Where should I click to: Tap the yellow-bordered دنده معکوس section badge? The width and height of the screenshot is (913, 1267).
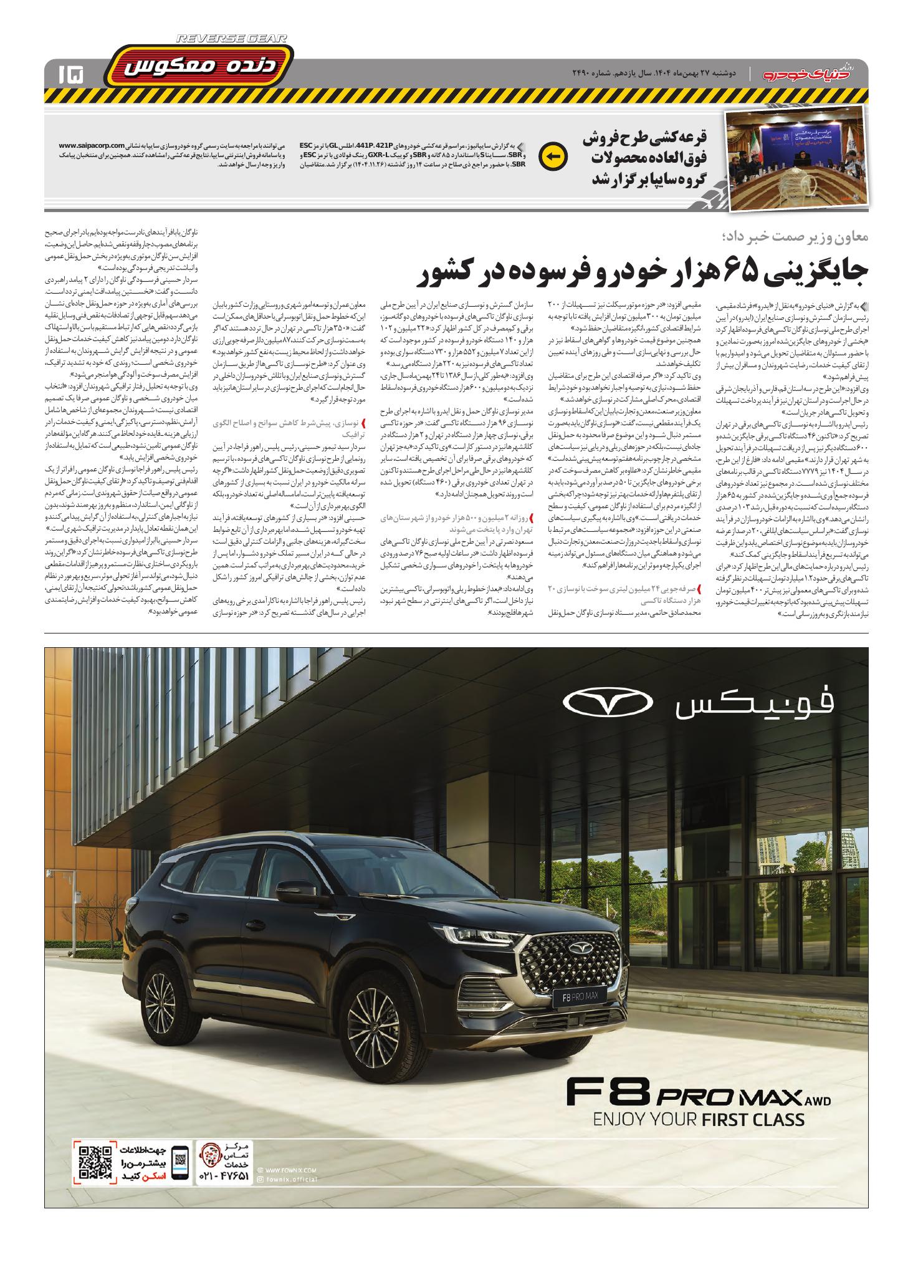click(x=199, y=69)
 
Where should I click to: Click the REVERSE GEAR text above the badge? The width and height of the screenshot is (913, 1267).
click(x=232, y=39)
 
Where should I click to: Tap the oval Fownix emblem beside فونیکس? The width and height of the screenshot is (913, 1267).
click(x=608, y=703)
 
